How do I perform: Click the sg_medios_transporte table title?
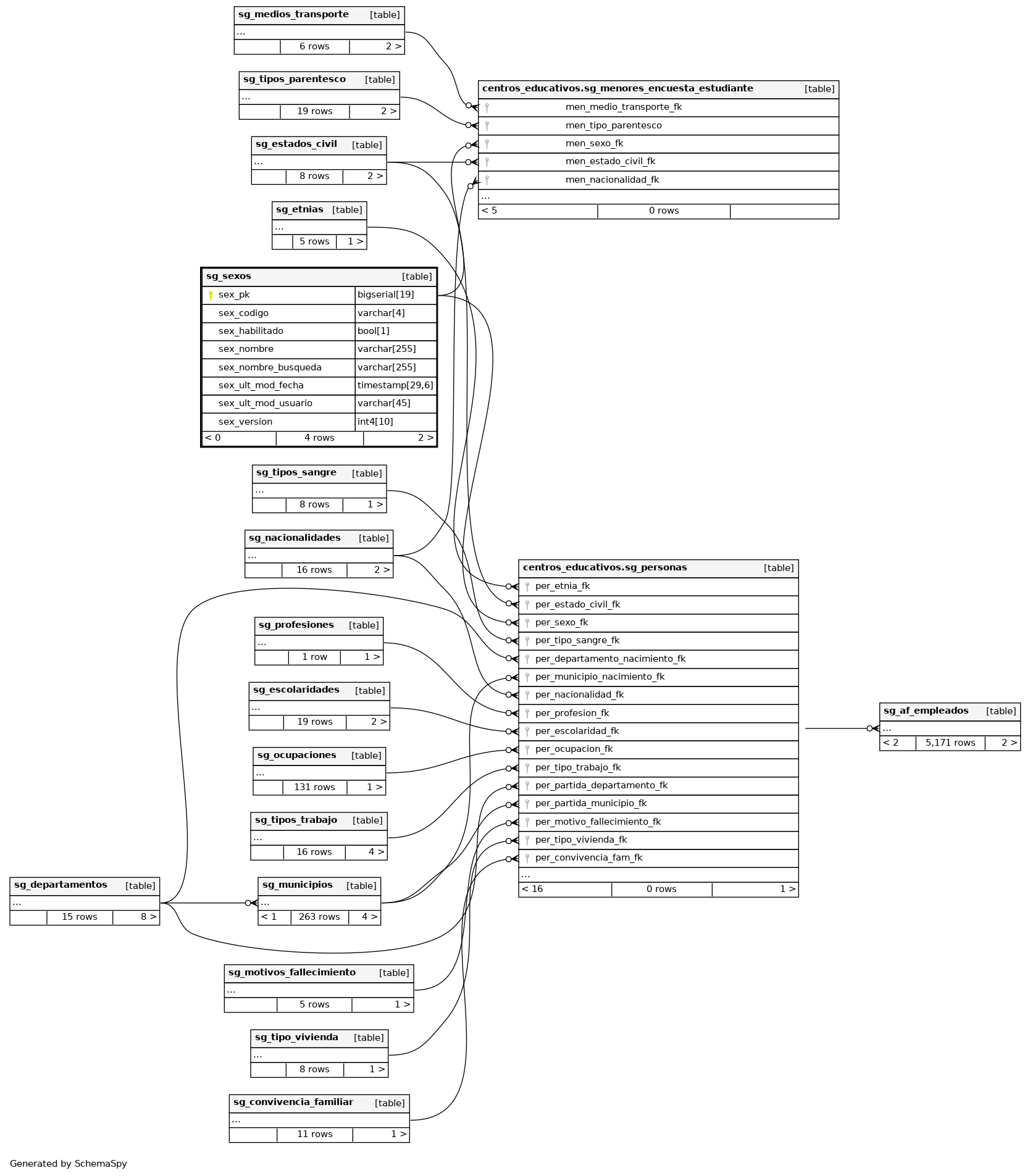click(x=293, y=15)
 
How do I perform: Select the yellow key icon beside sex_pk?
click(x=211, y=295)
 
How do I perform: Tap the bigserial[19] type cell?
click(x=386, y=295)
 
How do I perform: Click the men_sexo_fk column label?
click(x=594, y=144)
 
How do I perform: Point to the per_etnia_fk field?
click(x=562, y=586)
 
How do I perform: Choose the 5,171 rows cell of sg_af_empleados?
click(x=950, y=743)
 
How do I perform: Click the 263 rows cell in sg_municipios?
click(x=319, y=917)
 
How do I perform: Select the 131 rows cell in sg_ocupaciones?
click(x=314, y=787)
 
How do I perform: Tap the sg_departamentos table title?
click(x=61, y=885)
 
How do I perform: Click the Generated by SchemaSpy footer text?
click(x=69, y=1164)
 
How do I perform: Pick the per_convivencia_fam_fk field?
click(x=588, y=858)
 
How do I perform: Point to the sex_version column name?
click(x=245, y=422)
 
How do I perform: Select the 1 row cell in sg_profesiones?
click(x=314, y=657)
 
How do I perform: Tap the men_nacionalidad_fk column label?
click(x=612, y=180)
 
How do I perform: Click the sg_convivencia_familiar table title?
click(x=293, y=1103)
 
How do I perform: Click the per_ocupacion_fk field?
click(x=574, y=749)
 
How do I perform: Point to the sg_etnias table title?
click(x=299, y=210)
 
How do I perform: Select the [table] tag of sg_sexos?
click(x=417, y=277)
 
